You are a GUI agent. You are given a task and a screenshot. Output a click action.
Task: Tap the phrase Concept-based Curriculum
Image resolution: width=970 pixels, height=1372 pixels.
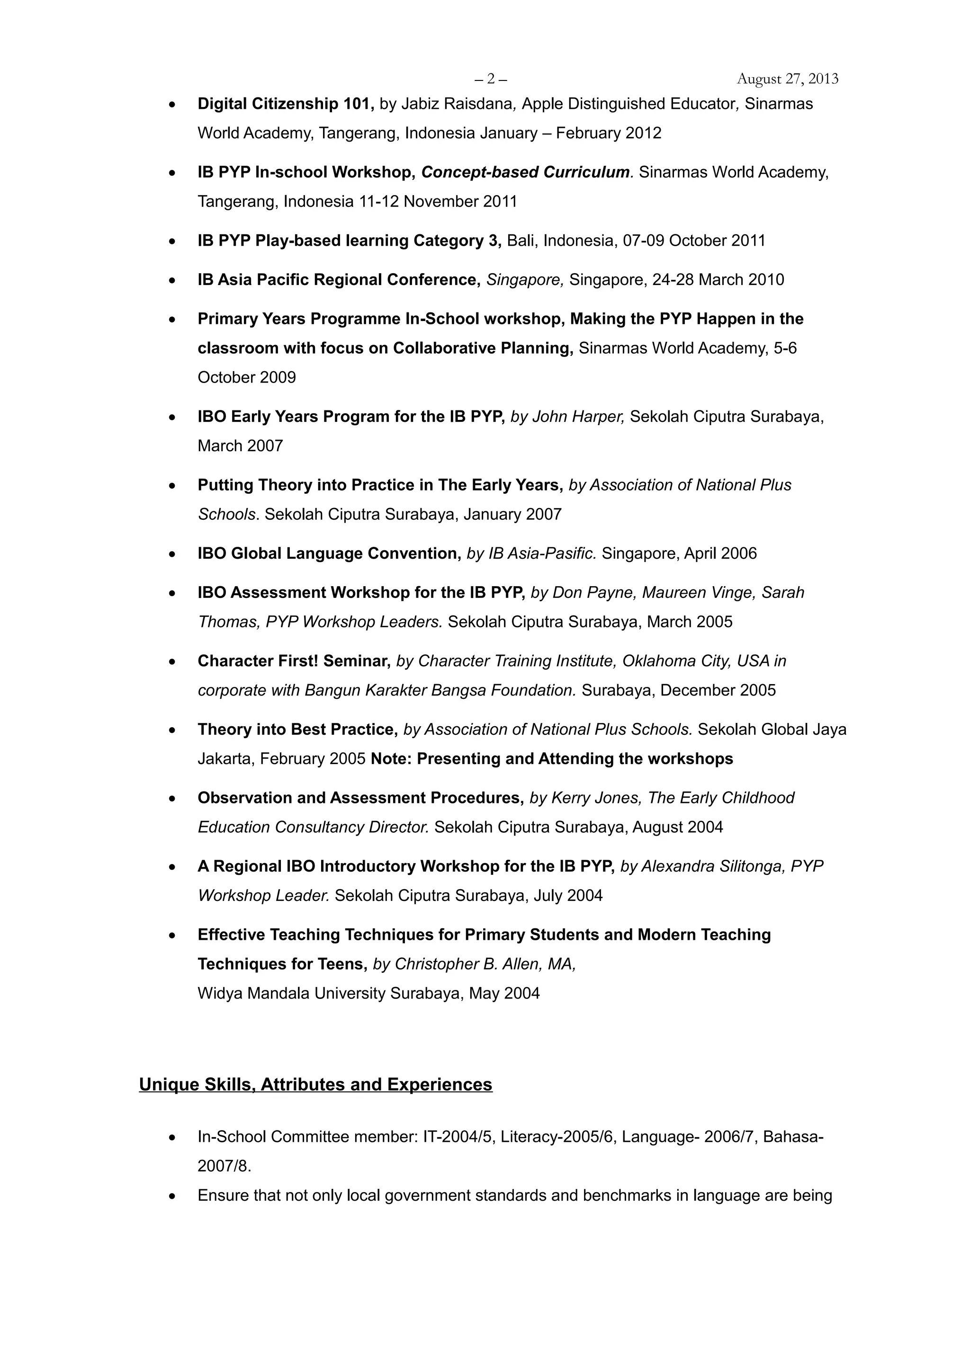coord(525,172)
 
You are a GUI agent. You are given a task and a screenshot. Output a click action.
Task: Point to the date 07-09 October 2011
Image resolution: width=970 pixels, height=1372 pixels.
coord(694,241)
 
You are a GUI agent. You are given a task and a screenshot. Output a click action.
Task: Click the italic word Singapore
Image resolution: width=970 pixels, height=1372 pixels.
coord(524,280)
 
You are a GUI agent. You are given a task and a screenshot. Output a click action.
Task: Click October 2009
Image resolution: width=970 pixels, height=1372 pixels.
coord(247,378)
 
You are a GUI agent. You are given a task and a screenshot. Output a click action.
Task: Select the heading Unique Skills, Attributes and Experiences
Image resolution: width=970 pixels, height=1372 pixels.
coord(315,1085)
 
